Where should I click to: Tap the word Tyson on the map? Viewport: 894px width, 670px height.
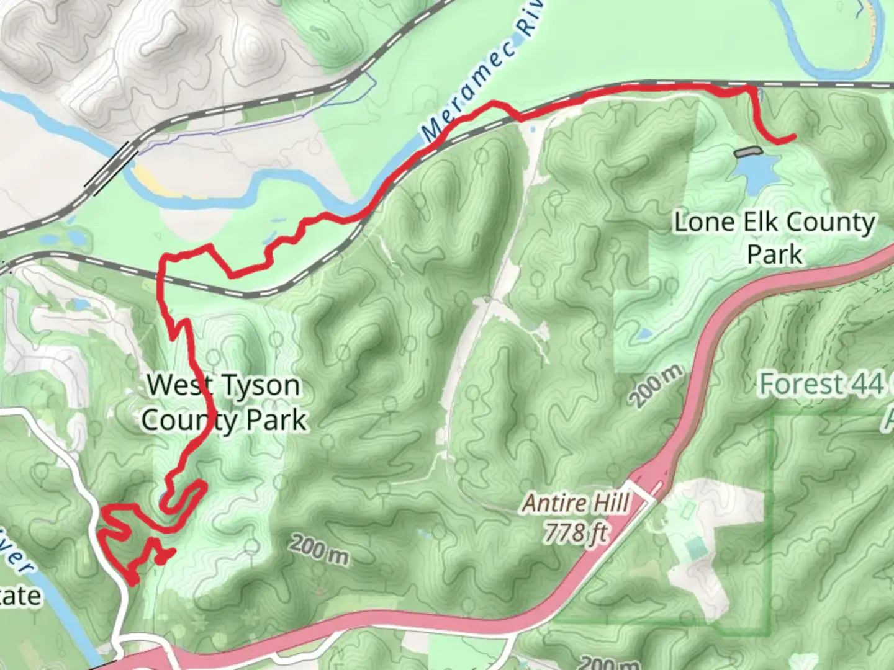(260, 386)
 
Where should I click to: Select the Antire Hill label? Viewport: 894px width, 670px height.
(576, 503)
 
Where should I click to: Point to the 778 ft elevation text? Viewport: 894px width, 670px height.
(576, 532)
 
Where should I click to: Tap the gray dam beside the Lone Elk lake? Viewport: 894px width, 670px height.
(747, 151)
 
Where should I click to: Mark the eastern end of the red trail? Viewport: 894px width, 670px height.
(793, 136)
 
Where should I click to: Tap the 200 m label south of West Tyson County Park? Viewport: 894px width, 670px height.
(319, 551)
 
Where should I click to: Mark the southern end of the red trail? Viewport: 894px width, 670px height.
(133, 582)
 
